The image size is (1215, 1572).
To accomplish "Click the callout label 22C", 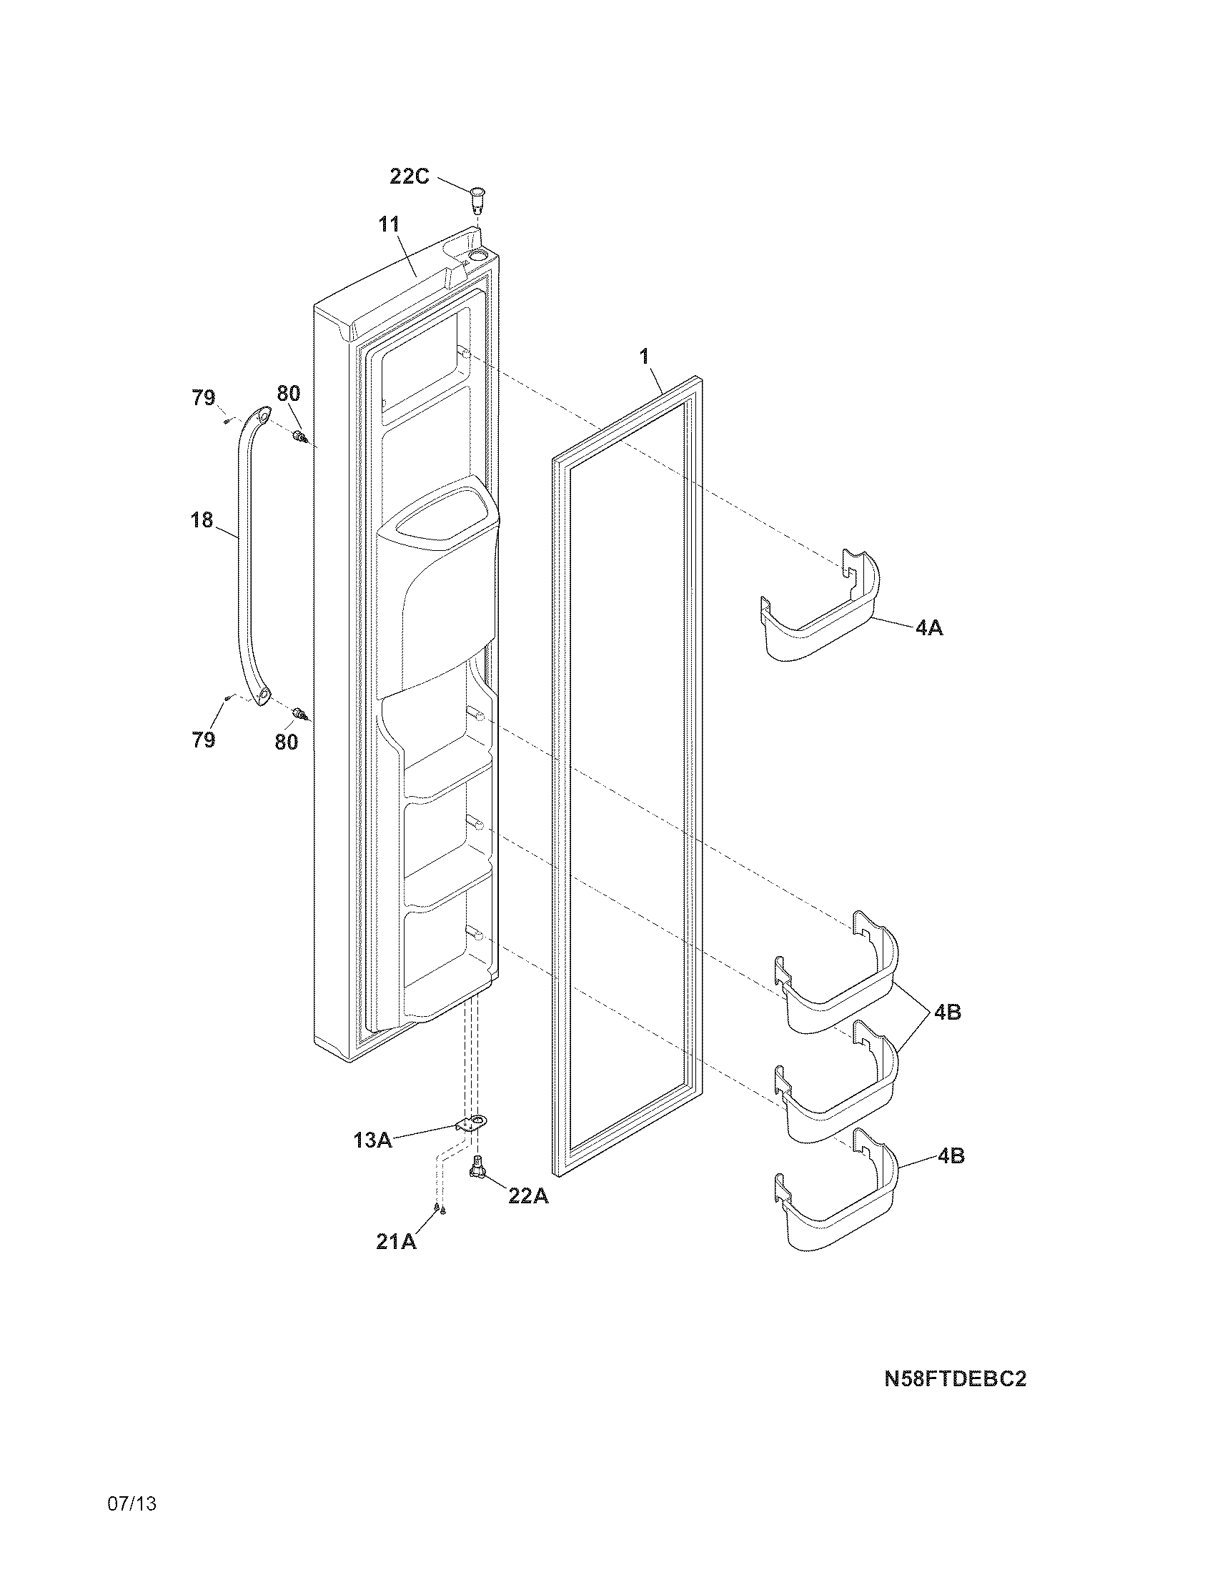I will pyautogui.click(x=410, y=176).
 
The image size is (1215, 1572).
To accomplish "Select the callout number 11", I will pyautogui.click(x=390, y=224).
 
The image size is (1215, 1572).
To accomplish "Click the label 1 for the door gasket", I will pyautogui.click(x=645, y=356).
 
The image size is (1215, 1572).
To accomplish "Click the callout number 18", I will pyautogui.click(x=202, y=519).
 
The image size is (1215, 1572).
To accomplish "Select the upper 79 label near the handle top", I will pyautogui.click(x=203, y=397).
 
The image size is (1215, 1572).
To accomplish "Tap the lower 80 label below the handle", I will pyautogui.click(x=287, y=742).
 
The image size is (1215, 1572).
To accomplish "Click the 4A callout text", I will pyautogui.click(x=929, y=628).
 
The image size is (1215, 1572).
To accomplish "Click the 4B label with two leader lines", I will pyautogui.click(x=947, y=1013).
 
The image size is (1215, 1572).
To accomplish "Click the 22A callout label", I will pyautogui.click(x=528, y=1195).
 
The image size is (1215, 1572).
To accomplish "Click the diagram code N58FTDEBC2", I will pyautogui.click(x=955, y=1378).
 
